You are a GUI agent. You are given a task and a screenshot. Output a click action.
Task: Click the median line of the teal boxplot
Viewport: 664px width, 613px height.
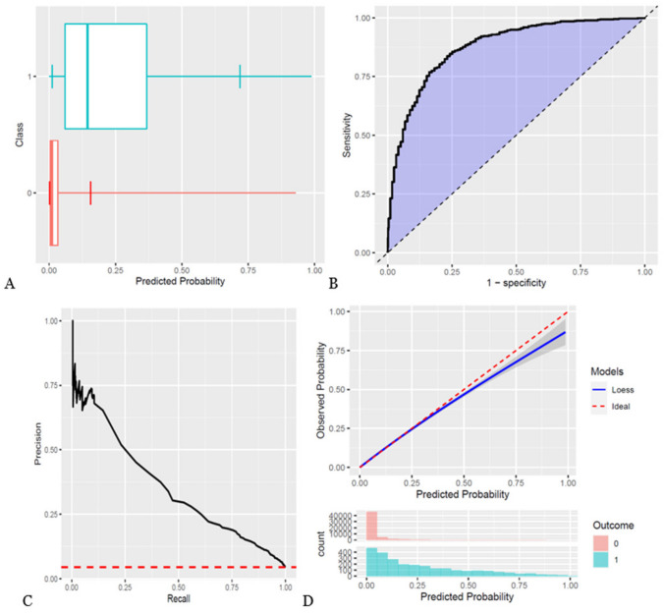[x=87, y=76]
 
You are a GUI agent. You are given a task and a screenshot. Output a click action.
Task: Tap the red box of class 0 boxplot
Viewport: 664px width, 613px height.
[x=54, y=193]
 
